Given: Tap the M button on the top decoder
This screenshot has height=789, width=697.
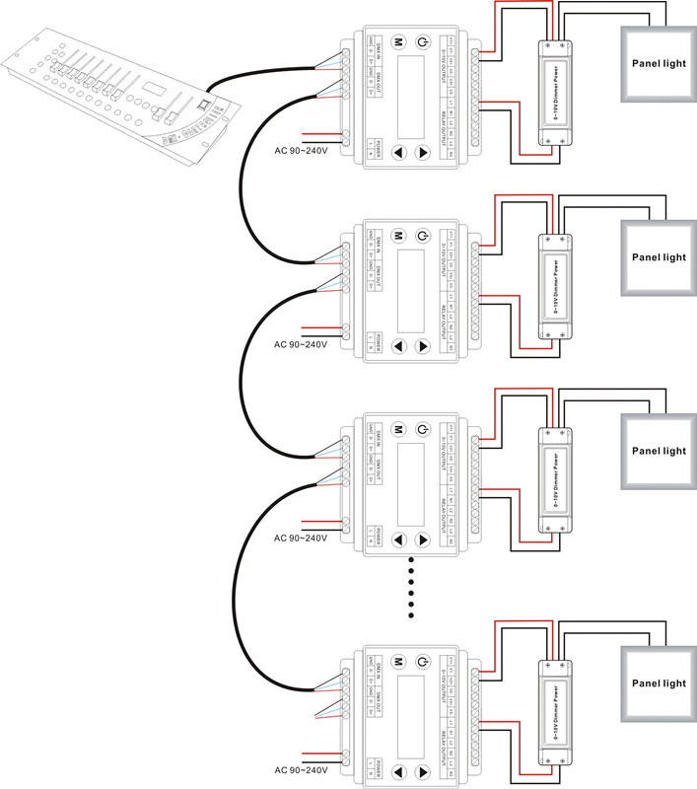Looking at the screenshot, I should (x=399, y=42).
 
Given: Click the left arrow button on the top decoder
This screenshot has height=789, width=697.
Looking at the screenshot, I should (x=399, y=153).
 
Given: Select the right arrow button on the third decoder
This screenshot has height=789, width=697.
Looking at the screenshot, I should (x=423, y=539).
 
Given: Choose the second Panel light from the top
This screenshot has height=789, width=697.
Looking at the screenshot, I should (x=659, y=257).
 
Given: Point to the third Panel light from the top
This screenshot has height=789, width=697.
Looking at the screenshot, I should (x=659, y=451).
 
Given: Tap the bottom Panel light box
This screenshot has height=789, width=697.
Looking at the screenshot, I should (x=659, y=682).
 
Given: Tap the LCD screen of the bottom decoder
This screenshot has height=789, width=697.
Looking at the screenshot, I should (x=410, y=716).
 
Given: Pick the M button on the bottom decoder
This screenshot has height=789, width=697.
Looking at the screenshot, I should (x=399, y=662).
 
